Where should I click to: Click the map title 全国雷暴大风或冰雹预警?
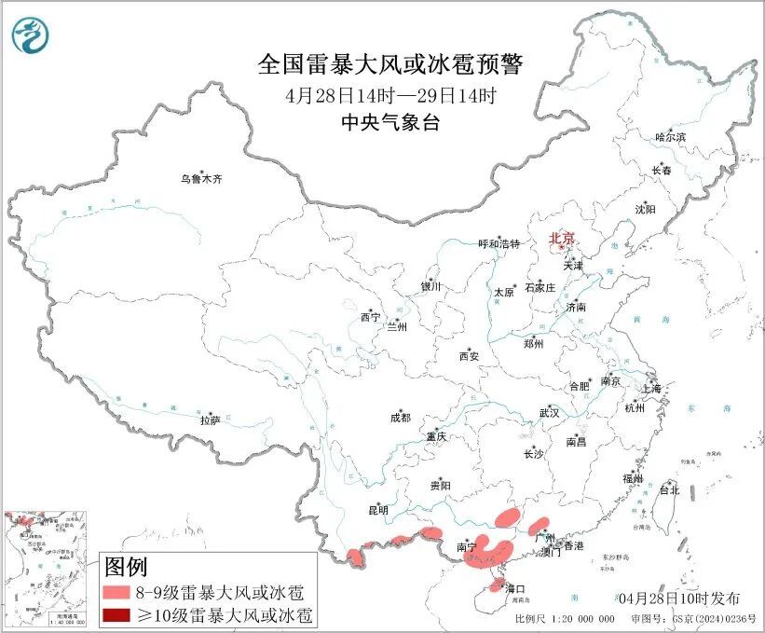click(x=390, y=65)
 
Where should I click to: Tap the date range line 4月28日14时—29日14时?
click(x=390, y=95)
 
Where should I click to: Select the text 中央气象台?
click(x=390, y=123)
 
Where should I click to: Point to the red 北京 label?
click(x=561, y=239)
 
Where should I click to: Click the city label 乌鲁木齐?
click(x=202, y=178)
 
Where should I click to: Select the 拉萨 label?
click(x=210, y=420)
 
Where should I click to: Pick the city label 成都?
click(x=401, y=419)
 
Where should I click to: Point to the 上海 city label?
click(x=652, y=388)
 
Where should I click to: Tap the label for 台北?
click(x=669, y=489)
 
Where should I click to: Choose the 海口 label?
click(x=515, y=588)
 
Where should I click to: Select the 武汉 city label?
click(x=549, y=412)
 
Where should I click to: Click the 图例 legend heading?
click(x=126, y=566)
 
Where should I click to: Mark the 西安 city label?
click(x=469, y=356)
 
